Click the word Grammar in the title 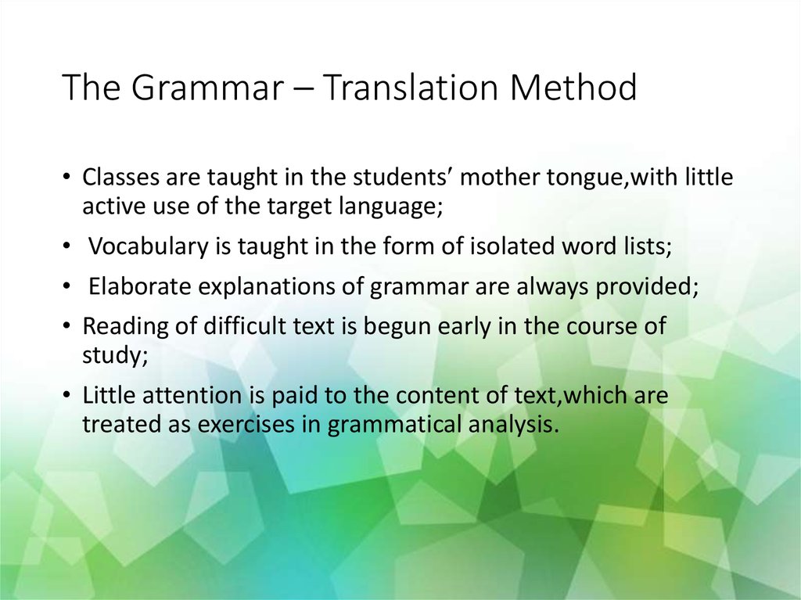(205, 88)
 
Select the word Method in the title (573, 88)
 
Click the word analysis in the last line (513, 426)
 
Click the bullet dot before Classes (68, 179)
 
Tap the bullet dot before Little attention (68, 397)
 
